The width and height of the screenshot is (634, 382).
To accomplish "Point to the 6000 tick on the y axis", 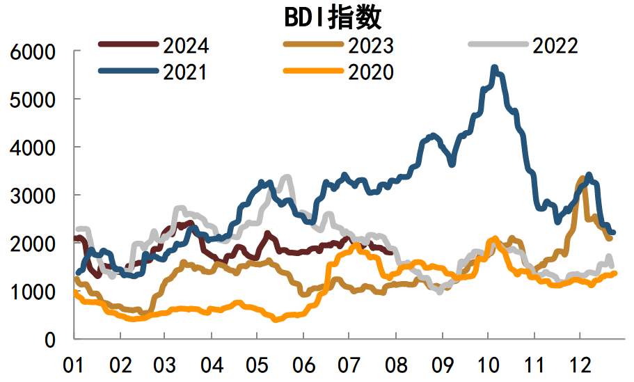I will (32, 52).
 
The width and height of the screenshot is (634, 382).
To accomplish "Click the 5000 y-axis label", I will (32, 100).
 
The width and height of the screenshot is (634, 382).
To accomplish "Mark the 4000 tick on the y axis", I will (32, 148).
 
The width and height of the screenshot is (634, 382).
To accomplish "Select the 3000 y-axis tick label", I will (32, 196).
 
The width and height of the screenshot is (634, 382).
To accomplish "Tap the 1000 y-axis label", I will (32, 292).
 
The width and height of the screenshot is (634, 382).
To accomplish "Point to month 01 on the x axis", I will (74, 365).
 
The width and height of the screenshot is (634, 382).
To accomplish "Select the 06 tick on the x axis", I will (303, 365).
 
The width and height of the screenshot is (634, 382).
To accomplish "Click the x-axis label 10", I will (487, 365).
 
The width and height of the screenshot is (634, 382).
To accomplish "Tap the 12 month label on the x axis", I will (579, 365).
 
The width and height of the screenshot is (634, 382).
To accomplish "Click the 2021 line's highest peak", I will (495, 67).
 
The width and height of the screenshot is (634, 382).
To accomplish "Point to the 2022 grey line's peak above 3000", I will (287, 177).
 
